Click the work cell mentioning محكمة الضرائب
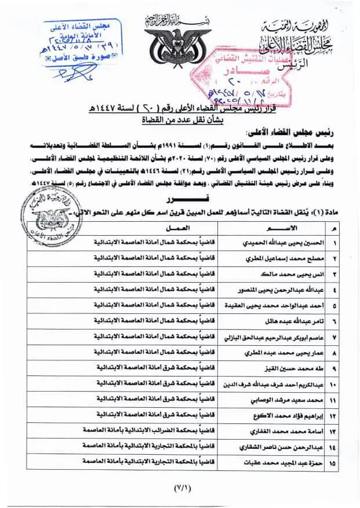[x=154, y=432]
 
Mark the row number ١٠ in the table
[x=333, y=384]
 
